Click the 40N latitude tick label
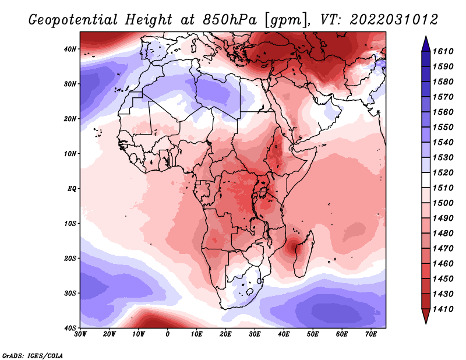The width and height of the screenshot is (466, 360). click(70, 49)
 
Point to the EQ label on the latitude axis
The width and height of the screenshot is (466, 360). click(72, 189)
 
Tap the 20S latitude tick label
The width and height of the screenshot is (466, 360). click(70, 258)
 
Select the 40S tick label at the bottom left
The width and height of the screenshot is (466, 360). click(70, 328)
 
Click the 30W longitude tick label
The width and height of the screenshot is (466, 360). click(80, 334)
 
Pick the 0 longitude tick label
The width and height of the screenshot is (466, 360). click(168, 334)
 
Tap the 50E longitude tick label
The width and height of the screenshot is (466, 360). click(313, 334)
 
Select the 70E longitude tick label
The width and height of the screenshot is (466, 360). click(371, 334)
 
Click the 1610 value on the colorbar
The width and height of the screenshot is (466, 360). click(443, 51)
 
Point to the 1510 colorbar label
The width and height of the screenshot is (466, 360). click(443, 188)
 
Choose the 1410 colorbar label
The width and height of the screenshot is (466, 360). click(443, 309)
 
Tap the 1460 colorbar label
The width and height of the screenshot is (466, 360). click(443, 264)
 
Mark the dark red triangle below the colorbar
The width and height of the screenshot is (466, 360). click(426, 315)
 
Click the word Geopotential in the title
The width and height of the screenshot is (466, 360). click(73, 20)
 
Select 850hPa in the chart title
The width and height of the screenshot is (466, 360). click(230, 20)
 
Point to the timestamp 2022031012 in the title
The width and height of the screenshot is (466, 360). click(394, 20)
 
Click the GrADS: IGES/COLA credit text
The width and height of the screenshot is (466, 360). click(33, 355)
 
